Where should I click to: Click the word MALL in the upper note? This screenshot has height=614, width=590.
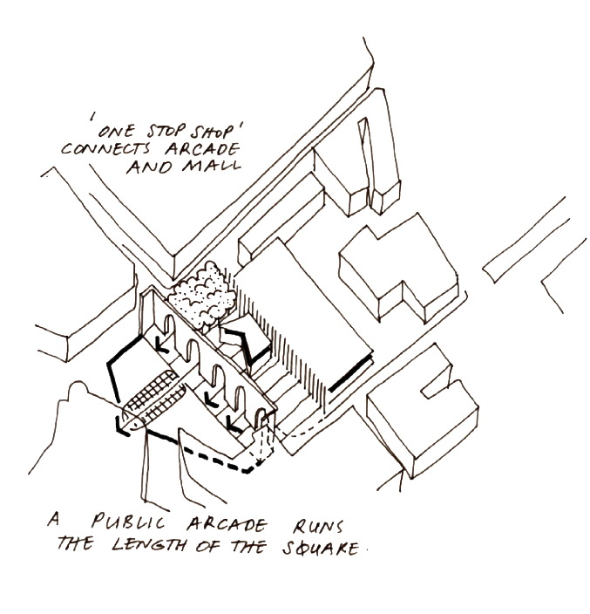click(x=211, y=166)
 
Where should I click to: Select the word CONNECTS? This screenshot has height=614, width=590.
click(x=105, y=148)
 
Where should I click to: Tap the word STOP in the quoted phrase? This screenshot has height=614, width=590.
click(x=161, y=131)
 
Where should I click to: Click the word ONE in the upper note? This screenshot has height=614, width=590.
click(x=116, y=131)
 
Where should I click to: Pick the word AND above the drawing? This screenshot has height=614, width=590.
click(x=149, y=167)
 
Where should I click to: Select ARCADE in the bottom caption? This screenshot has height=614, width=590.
click(x=227, y=524)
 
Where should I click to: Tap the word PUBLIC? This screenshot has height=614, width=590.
click(x=128, y=522)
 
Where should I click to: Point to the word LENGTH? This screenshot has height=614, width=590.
click(x=148, y=544)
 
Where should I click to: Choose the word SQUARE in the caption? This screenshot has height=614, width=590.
click(x=321, y=548)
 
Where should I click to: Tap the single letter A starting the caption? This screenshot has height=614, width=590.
click(x=54, y=520)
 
